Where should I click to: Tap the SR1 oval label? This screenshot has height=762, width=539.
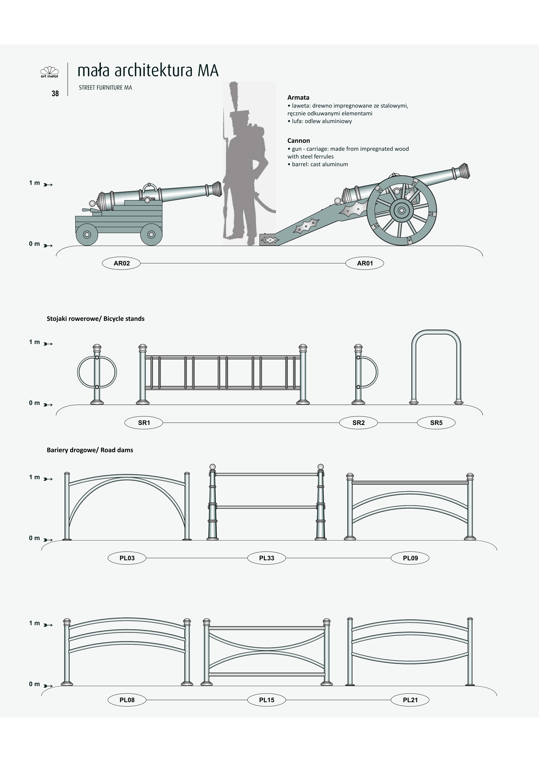click(x=144, y=423)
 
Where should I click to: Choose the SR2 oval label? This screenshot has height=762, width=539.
click(x=358, y=423)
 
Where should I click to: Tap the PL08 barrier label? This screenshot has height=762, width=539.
click(x=127, y=700)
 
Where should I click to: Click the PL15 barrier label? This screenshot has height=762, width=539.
click(x=266, y=700)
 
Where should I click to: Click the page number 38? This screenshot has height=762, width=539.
click(x=55, y=94)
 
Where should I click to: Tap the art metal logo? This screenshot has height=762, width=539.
click(x=50, y=72)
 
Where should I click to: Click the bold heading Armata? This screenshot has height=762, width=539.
click(x=298, y=98)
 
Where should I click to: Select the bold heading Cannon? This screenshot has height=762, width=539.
click(x=298, y=141)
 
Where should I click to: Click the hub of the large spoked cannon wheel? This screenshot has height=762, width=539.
click(x=401, y=210)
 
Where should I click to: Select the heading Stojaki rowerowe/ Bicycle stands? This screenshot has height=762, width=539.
click(x=95, y=319)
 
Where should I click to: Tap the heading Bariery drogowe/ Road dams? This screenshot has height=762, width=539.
click(x=90, y=450)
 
